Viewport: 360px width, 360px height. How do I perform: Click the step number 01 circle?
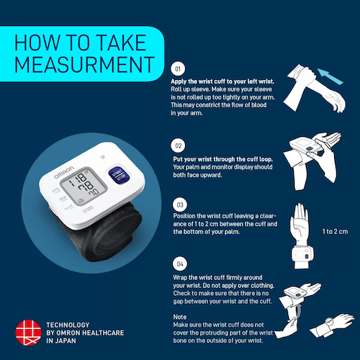pyautogui.click(x=178, y=68)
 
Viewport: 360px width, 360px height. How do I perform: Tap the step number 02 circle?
pyautogui.click(x=178, y=145)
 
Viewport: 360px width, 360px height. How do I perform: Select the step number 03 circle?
pyautogui.click(x=180, y=204)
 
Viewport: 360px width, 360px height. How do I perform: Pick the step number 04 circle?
pyautogui.click(x=180, y=264)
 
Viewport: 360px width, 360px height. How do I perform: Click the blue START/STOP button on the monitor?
pyautogui.click(x=119, y=176)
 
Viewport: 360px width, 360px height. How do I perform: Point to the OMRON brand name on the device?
pyautogui.click(x=64, y=172)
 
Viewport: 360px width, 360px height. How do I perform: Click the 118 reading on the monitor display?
pyautogui.click(x=78, y=179)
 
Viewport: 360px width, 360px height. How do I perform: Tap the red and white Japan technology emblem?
pyautogui.click(x=28, y=333)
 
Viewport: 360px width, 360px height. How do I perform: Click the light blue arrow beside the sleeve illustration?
pyautogui.click(x=330, y=76)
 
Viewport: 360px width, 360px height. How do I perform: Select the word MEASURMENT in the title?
pyautogui.click(x=84, y=65)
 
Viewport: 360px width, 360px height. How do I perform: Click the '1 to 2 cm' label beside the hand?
pyautogui.click(x=335, y=232)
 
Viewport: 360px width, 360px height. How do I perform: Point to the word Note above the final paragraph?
pyautogui.click(x=180, y=317)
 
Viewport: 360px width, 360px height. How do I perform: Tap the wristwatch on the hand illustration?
pyautogui.click(x=329, y=322)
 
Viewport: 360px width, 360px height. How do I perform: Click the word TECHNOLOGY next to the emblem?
pyautogui.click(x=68, y=325)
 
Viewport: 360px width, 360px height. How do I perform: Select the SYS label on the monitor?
pyautogui.click(x=55, y=190)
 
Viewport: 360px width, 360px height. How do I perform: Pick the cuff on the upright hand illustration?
pyautogui.click(x=302, y=254)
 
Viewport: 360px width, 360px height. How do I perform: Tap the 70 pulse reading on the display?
pyautogui.click(x=94, y=192)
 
